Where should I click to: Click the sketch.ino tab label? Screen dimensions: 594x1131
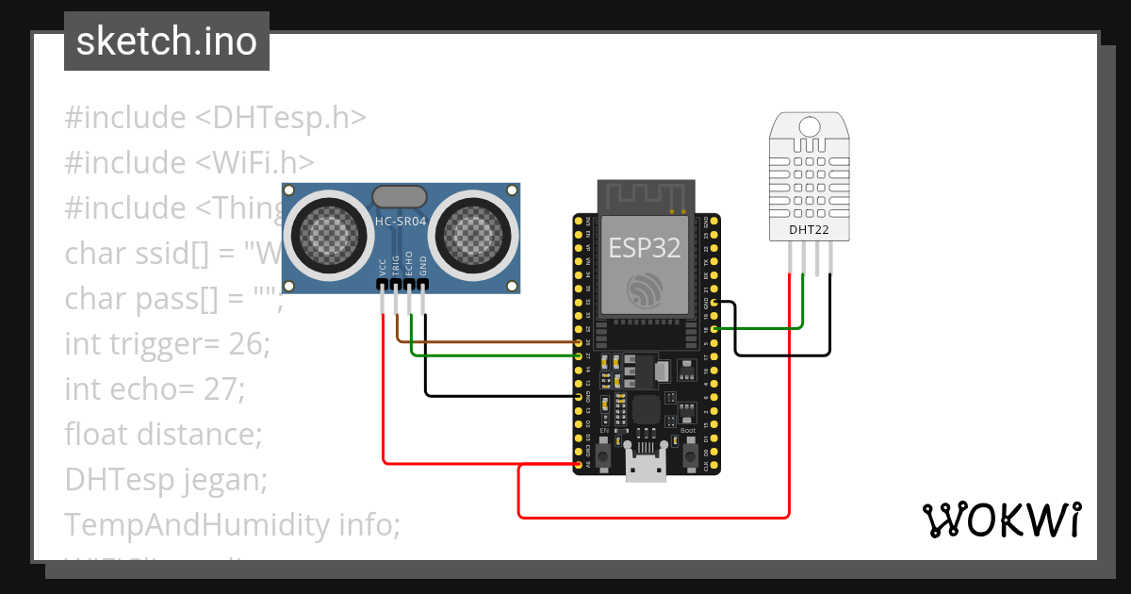pos(166,42)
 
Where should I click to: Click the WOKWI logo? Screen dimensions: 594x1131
pos(1000,520)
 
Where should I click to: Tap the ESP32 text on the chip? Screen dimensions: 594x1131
pos(646,247)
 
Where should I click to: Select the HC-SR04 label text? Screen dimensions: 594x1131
pos(401,222)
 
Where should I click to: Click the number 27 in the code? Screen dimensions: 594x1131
pos(224,388)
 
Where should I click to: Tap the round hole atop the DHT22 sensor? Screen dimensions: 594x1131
pos(808,125)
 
